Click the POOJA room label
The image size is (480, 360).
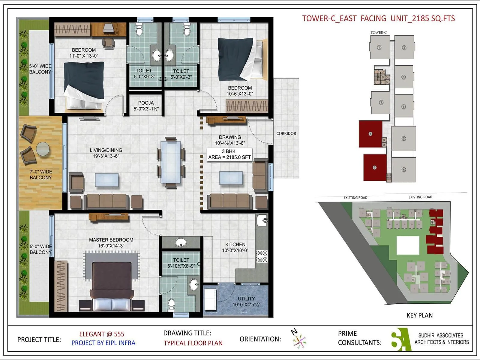[x=146, y=103]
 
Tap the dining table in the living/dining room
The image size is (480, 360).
[x=171, y=162]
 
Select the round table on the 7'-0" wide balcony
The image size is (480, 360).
[x=43, y=149]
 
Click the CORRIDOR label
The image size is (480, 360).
[x=286, y=133]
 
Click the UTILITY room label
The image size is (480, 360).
[x=246, y=299]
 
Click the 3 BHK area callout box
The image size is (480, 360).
[x=229, y=154]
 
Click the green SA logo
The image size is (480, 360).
[x=401, y=339]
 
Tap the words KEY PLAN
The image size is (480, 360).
[x=419, y=315]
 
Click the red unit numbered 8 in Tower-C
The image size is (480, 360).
[x=370, y=134]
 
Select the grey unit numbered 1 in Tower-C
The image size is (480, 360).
[x=379, y=47]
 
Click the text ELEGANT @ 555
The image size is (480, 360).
[x=102, y=334]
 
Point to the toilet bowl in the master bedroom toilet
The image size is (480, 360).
[x=171, y=304]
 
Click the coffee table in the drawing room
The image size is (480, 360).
[x=231, y=178]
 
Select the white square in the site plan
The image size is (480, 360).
[x=408, y=245]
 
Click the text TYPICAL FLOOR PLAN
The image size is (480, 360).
[x=193, y=343]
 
